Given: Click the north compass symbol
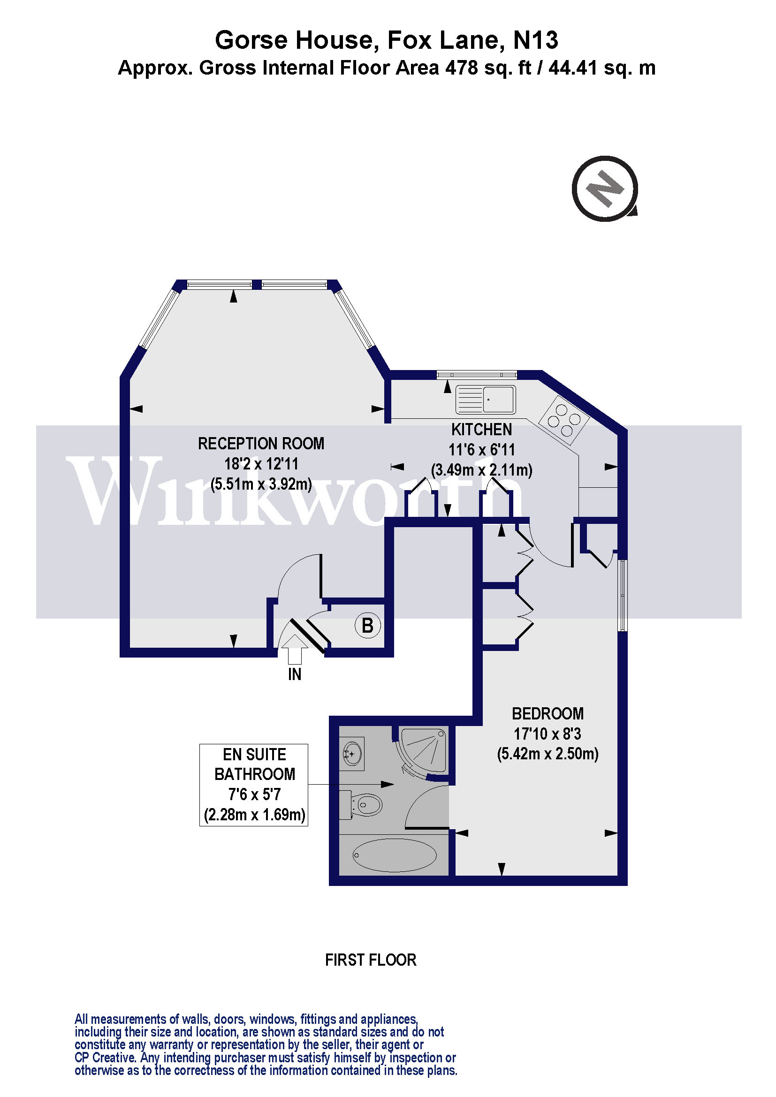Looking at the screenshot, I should [605, 188].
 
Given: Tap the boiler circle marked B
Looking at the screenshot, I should [367, 626].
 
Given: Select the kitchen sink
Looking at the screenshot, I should [486, 400].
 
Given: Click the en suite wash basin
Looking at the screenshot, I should [352, 754].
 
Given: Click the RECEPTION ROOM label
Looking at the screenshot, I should [261, 444].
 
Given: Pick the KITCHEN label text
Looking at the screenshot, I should [481, 430].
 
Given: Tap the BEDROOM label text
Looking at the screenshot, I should [548, 714].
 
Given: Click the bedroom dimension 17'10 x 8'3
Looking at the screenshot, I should [548, 734].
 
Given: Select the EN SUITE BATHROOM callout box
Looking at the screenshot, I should [254, 785].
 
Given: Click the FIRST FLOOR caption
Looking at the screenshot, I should [370, 960].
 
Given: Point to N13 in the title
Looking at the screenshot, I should [535, 40].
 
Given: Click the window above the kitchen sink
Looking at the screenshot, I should [477, 374].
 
